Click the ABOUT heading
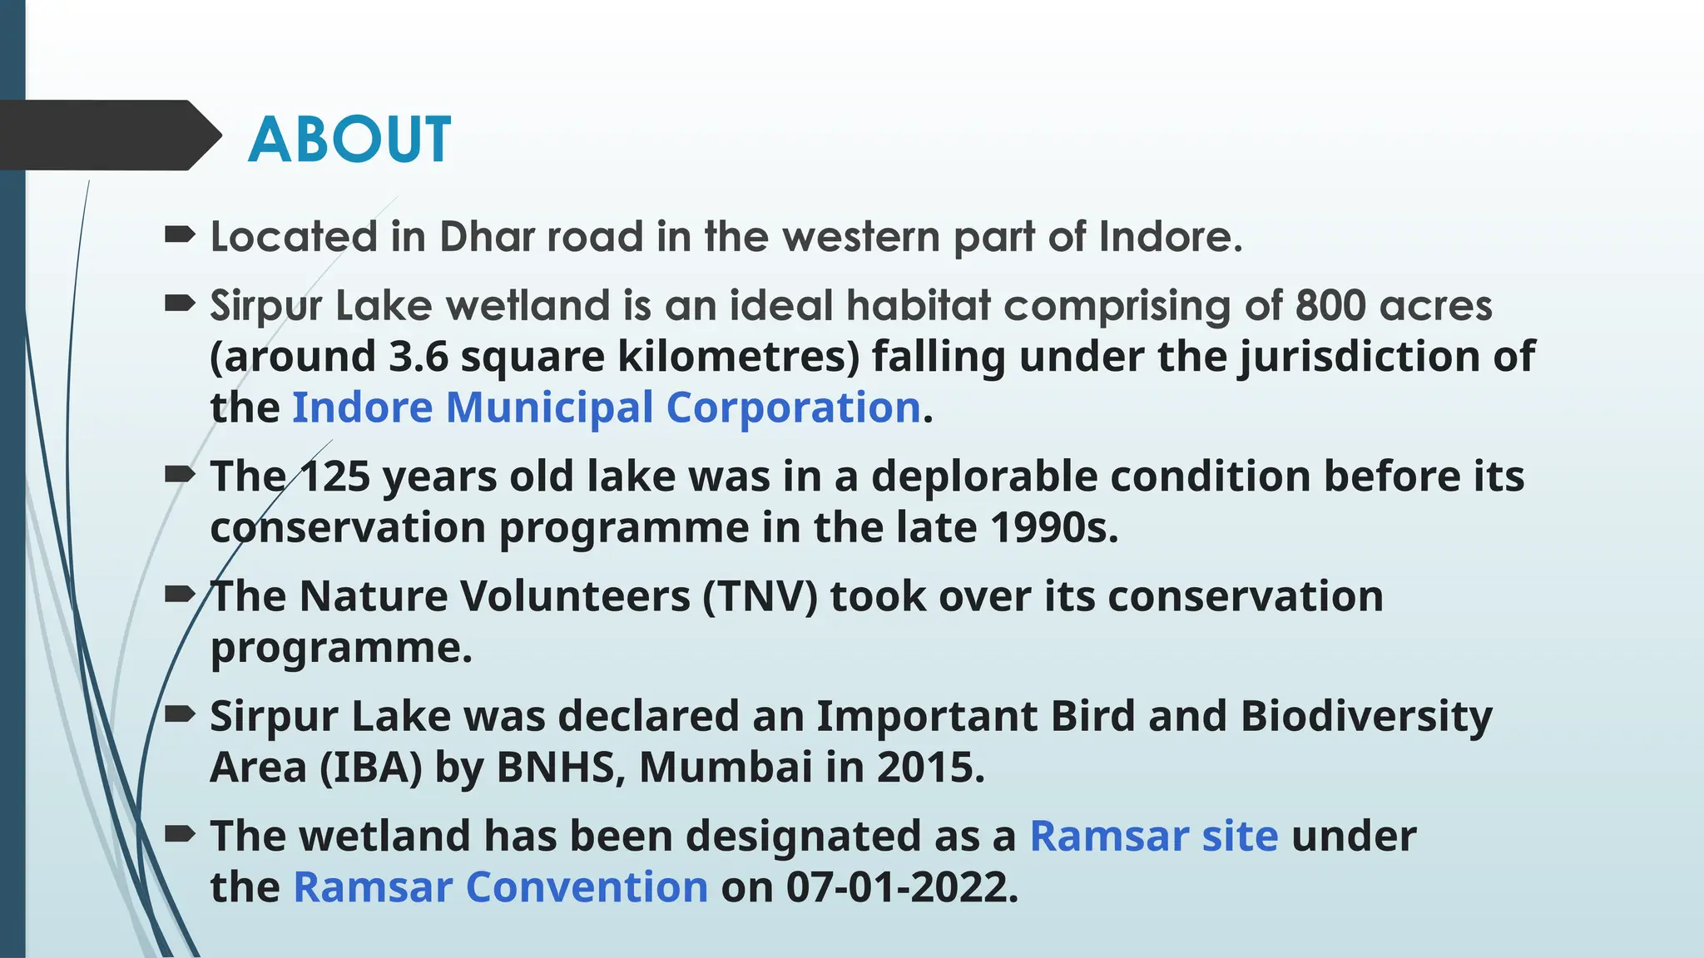[x=349, y=139]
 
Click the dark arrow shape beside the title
[x=108, y=136]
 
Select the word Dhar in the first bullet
[x=487, y=237]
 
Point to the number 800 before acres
[x=1330, y=305]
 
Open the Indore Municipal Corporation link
[x=606, y=408]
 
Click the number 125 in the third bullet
[x=334, y=477]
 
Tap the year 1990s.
[x=1054, y=528]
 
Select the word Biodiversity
[x=1366, y=716]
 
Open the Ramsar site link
[x=1153, y=836]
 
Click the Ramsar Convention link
[x=500, y=887]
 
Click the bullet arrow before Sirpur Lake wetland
[x=180, y=304]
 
